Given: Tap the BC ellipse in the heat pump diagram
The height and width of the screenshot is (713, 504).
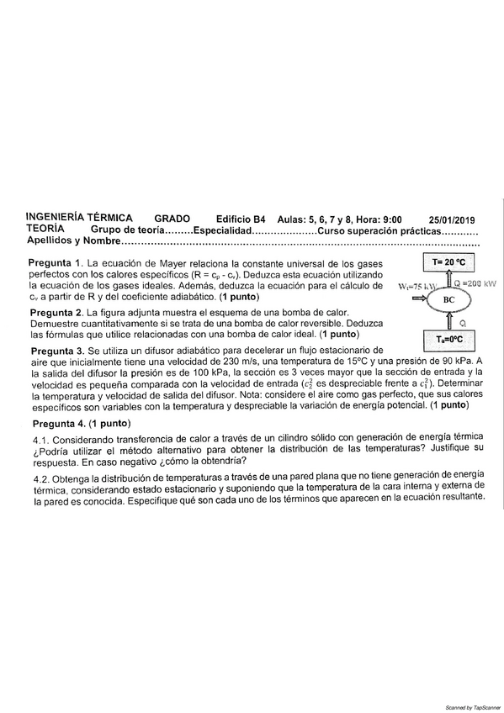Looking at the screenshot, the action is (449, 297).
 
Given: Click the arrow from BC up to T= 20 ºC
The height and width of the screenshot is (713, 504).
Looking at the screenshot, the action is (449, 278).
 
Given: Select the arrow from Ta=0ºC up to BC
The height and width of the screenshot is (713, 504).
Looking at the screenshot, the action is (449, 320).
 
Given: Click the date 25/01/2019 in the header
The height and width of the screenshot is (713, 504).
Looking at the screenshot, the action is (451, 218).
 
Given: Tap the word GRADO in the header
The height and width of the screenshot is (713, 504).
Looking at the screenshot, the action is (172, 217).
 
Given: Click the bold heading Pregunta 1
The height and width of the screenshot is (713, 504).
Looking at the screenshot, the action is (56, 263).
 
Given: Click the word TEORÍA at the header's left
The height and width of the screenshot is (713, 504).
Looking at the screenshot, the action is (49, 228).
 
